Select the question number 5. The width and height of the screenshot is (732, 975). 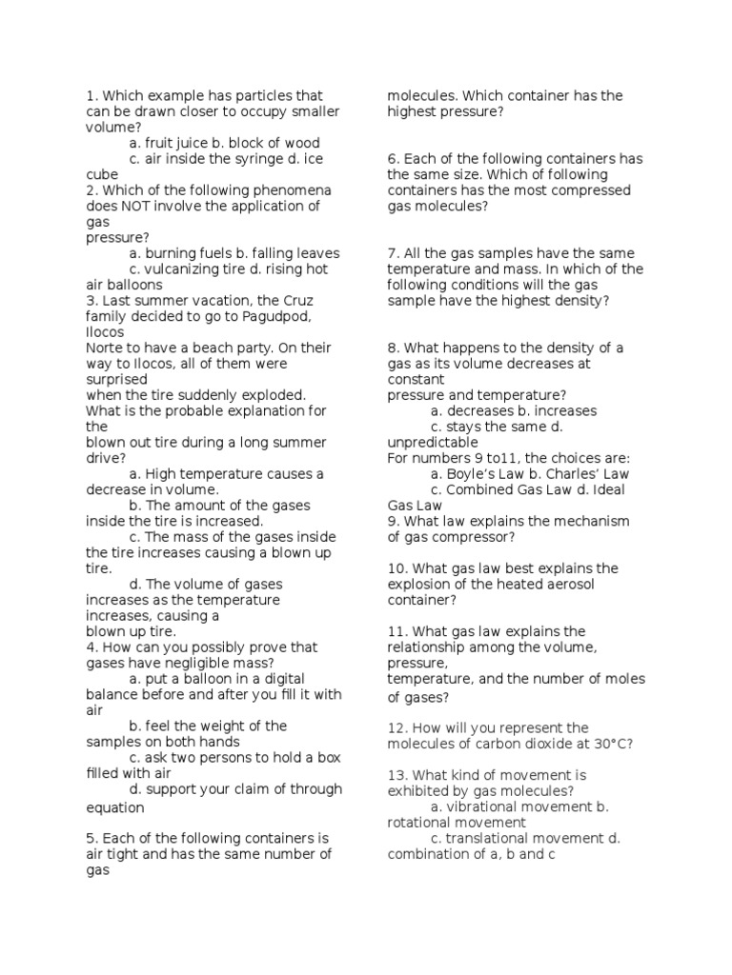point(91,839)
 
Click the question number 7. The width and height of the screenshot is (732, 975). point(393,253)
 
